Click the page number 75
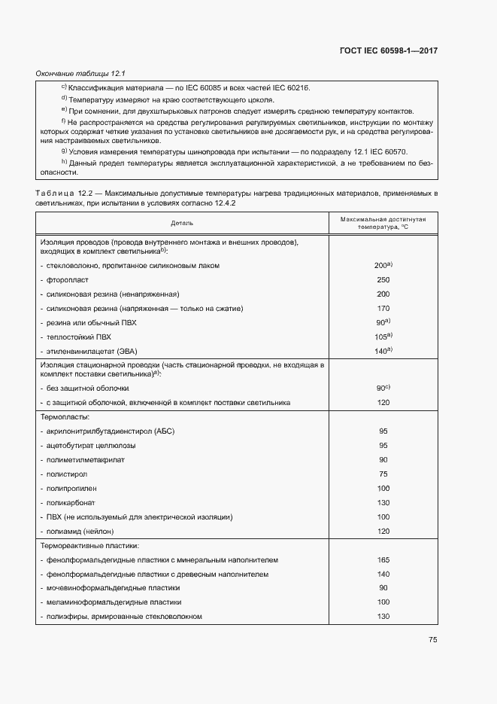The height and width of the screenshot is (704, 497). pyautogui.click(x=432, y=639)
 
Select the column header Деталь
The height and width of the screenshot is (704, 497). pyautogui.click(x=181, y=223)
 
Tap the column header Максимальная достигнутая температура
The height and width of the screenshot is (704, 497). pyautogui.click(x=383, y=222)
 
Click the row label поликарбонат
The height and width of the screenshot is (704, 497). pyautogui.click(x=71, y=502)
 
